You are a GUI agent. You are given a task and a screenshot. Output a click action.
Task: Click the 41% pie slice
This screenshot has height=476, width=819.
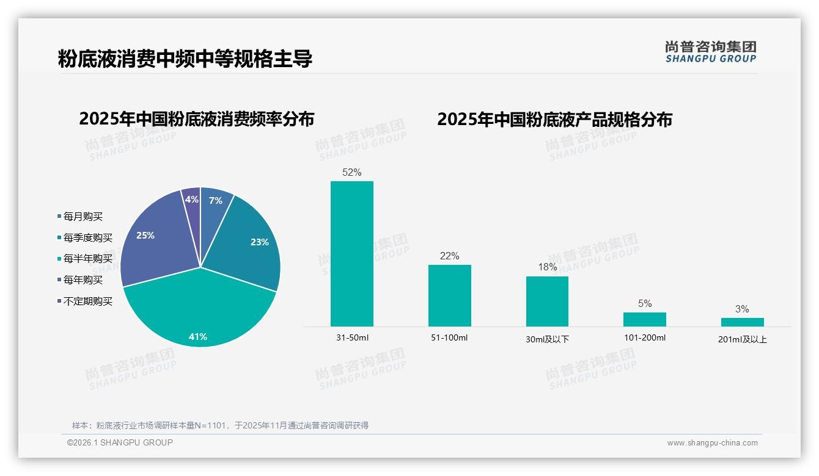coord(199,311)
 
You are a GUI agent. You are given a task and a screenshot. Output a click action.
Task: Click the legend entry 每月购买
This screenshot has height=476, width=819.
coord(83,217)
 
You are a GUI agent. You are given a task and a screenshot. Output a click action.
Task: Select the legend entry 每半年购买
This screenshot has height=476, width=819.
coord(88,259)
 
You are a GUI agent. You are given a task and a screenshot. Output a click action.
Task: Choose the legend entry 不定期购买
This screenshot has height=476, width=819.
coord(88,301)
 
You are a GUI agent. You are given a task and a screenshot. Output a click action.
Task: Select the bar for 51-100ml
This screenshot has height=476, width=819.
coord(449,295)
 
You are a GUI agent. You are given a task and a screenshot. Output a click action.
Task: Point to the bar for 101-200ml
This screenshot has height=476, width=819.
coord(645,319)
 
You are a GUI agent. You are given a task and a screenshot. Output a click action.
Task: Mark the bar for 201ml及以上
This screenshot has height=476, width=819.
coord(742,322)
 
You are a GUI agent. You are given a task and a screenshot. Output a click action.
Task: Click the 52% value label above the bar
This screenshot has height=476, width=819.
coord(352,173)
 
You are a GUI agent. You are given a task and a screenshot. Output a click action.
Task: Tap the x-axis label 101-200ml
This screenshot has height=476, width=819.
coord(645,337)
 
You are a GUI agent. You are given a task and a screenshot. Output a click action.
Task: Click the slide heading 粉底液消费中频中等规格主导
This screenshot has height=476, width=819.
coord(185,59)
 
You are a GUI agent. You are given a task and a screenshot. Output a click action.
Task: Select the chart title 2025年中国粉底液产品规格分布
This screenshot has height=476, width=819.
coord(554,120)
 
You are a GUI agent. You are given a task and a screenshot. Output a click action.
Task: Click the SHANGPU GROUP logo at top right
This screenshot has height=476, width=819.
coord(711,52)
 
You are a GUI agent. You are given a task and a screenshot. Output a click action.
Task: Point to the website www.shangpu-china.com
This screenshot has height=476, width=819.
coord(712,443)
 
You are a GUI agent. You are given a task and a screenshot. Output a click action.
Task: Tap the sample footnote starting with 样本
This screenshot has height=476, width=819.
coord(220,425)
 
